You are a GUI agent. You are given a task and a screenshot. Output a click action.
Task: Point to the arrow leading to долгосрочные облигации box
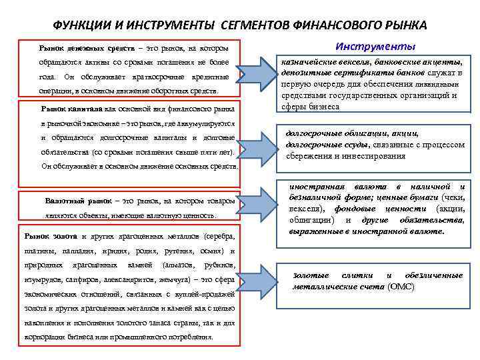pos(257,141)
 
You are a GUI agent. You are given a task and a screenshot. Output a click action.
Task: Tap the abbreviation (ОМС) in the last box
pos(401,287)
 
